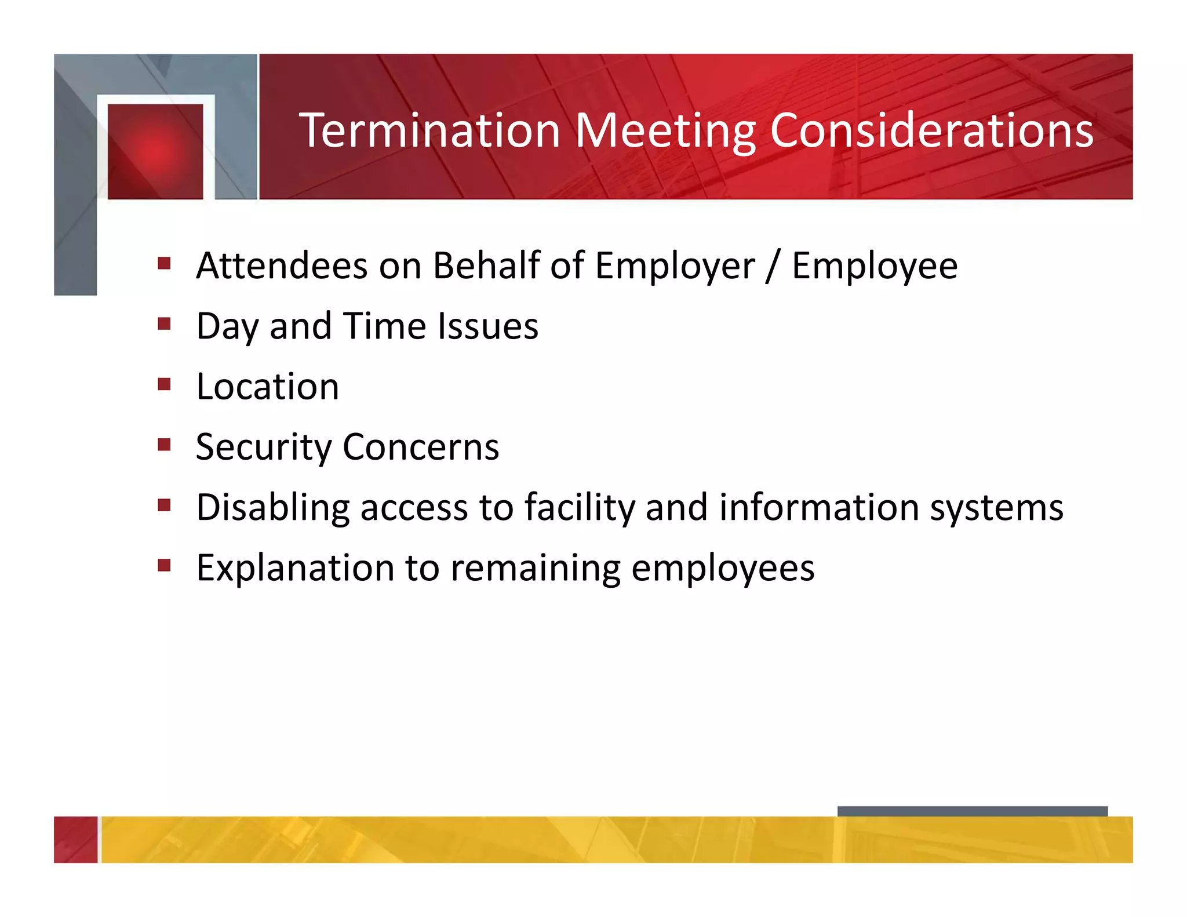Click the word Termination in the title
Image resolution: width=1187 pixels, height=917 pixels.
[429, 130]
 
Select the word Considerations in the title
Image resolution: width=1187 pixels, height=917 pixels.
[931, 130]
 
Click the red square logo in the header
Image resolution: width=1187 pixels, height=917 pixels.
[155, 151]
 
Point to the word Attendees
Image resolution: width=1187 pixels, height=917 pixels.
[282, 266]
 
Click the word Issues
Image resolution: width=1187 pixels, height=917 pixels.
[487, 326]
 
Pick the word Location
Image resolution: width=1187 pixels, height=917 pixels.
[267, 387]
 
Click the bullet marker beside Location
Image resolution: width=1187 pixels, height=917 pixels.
[164, 384]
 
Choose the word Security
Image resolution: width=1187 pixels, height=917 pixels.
[264, 447]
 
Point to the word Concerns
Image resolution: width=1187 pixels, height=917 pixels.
[421, 447]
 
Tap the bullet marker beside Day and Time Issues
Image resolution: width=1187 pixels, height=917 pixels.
[164, 323]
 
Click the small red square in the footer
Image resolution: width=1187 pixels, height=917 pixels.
[75, 839]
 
